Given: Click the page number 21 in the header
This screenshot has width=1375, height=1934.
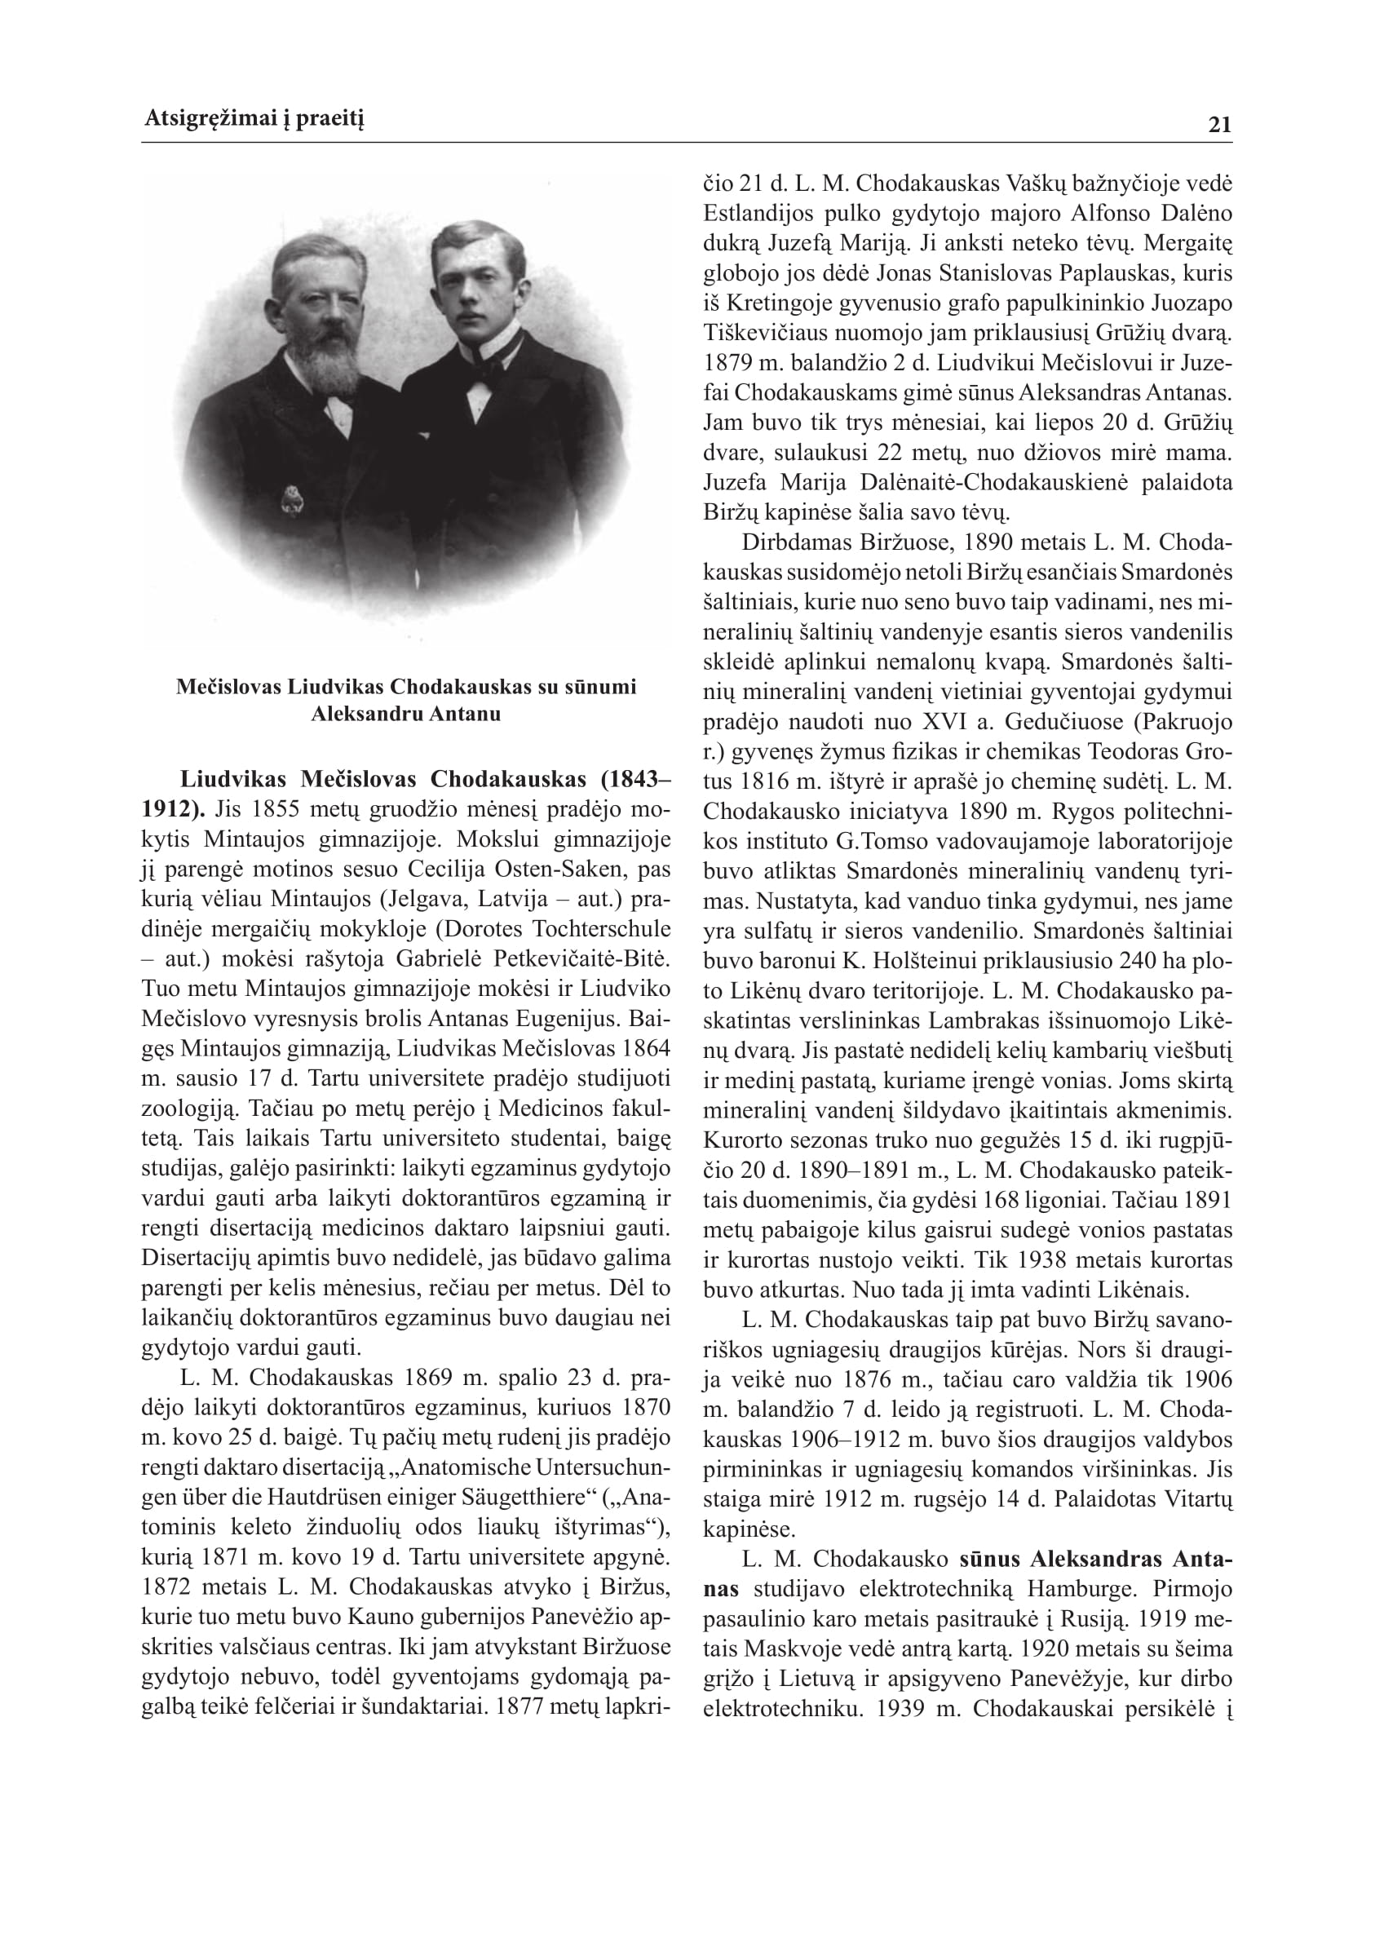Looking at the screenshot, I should tap(1220, 126).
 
